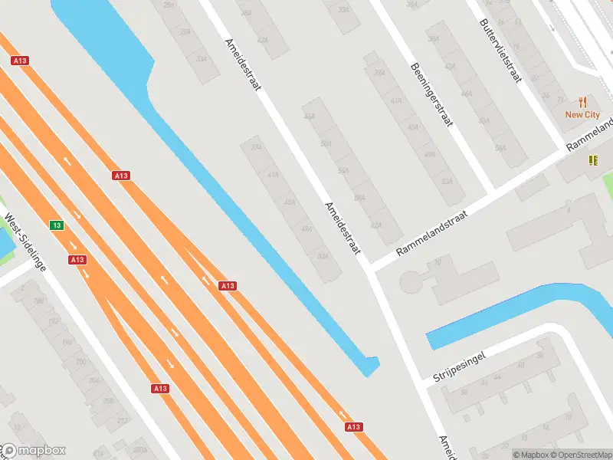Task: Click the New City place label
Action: [x=582, y=114]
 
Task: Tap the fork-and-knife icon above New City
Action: [x=583, y=101]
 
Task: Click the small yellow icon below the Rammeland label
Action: [x=592, y=159]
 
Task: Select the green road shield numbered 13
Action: [x=57, y=225]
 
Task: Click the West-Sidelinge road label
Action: [x=26, y=242]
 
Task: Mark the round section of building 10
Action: [x=411, y=283]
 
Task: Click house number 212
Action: [x=122, y=419]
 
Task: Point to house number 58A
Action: [x=358, y=198]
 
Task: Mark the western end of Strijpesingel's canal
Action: [x=431, y=340]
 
